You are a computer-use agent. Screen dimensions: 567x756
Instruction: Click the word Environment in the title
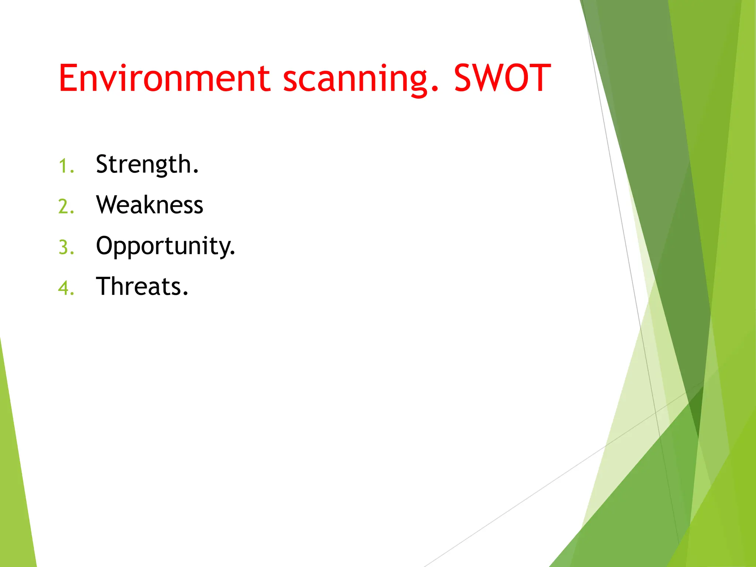(165, 78)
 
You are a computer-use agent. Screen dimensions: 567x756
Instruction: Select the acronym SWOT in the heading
(502, 78)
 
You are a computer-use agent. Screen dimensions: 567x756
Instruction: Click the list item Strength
(147, 164)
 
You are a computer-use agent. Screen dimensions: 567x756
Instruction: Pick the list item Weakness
(150, 205)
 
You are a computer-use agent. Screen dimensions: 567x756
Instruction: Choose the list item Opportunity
(165, 246)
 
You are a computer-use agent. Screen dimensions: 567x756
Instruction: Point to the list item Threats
(142, 286)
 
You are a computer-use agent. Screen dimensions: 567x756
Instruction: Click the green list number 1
(63, 166)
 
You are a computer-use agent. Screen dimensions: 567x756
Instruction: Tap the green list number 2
(63, 207)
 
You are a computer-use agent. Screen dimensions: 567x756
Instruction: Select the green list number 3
(63, 247)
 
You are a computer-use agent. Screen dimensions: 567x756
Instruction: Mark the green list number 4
(63, 288)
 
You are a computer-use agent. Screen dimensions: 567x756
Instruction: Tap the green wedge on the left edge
(15, 480)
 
